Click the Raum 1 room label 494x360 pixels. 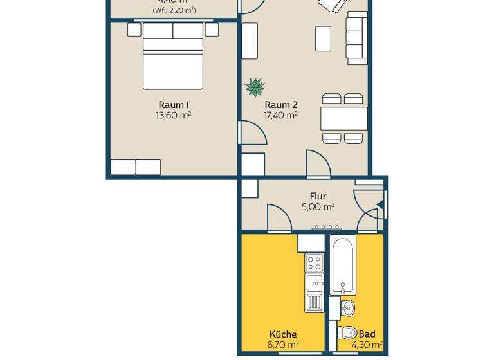point(174,105)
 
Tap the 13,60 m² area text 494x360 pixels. point(174,116)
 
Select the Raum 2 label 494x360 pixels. point(281,105)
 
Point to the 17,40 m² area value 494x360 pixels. point(281,116)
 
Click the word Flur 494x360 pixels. point(318,196)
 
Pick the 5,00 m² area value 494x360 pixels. point(318,207)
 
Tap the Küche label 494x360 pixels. point(283,334)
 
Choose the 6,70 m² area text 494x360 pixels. point(283,345)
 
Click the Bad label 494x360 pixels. point(367,334)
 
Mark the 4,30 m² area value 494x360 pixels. point(367,345)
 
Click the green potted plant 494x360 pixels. point(255,86)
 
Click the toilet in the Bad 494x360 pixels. point(348,333)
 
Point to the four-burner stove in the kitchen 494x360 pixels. point(315,262)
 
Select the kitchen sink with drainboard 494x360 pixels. point(315,293)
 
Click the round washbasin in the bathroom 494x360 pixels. point(347,308)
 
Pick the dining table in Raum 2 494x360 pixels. point(344,119)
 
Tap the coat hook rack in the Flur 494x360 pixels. point(326,227)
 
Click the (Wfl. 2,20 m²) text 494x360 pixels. point(174,10)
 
